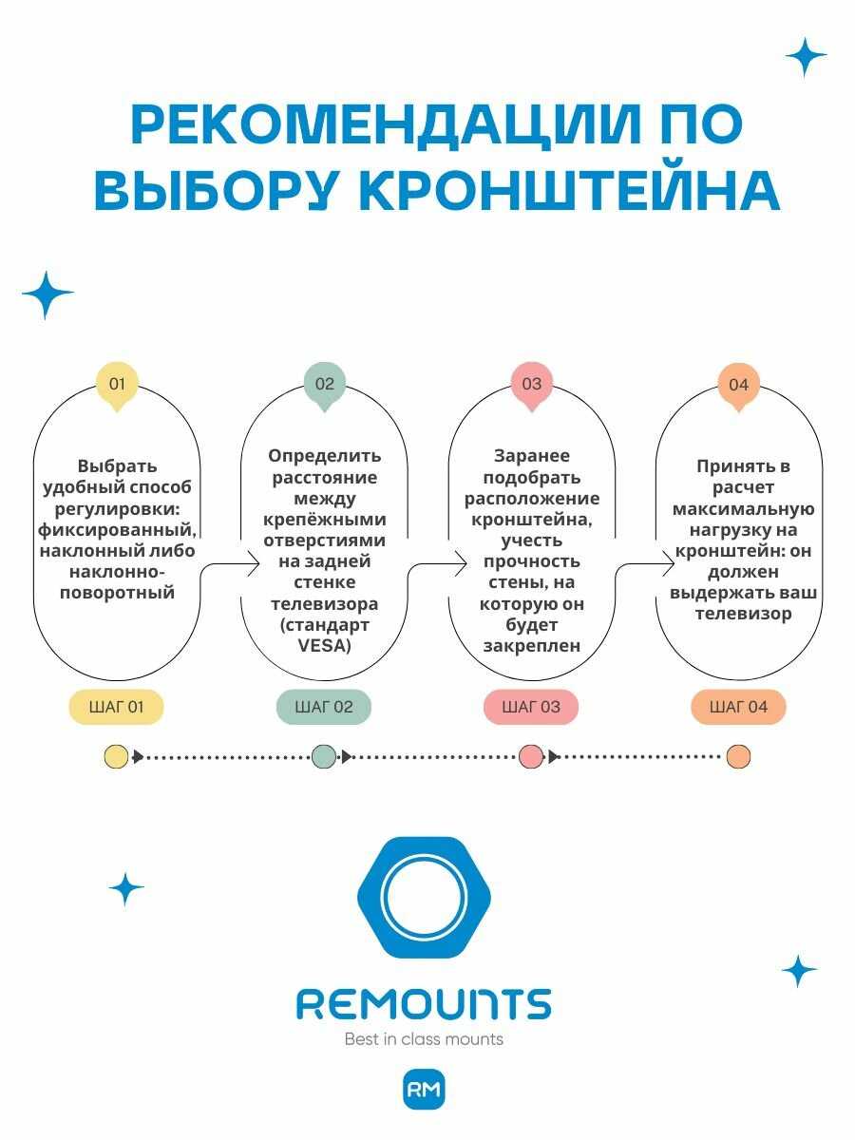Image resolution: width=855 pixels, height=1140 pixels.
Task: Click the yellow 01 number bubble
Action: (x=117, y=385)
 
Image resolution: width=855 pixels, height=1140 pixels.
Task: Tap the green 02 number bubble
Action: (x=325, y=385)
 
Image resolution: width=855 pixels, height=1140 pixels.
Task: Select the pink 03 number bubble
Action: (x=532, y=385)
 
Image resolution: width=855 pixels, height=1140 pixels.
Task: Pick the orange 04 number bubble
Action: (x=739, y=385)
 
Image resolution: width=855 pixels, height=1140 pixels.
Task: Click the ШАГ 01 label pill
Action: (x=116, y=707)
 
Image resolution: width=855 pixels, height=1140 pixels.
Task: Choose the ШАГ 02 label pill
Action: (x=324, y=707)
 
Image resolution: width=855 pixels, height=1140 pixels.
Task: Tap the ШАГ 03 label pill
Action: (x=531, y=707)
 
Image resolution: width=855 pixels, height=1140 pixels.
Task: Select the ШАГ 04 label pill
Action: (x=738, y=707)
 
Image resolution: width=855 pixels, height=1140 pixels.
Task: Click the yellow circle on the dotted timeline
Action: (x=116, y=756)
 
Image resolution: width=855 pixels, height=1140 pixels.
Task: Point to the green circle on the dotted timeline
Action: (x=324, y=756)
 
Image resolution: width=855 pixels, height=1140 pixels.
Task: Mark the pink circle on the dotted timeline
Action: (x=531, y=756)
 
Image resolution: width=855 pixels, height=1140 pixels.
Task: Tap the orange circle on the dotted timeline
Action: (x=738, y=756)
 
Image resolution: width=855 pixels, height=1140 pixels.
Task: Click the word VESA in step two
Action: (x=324, y=646)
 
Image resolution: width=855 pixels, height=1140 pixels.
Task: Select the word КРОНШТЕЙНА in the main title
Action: (x=568, y=191)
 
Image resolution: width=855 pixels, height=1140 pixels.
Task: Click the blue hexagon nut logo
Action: (x=424, y=898)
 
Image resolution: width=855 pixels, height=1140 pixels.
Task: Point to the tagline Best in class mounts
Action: (x=424, y=1039)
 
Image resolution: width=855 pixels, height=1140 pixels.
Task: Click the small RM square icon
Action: (x=424, y=1090)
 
